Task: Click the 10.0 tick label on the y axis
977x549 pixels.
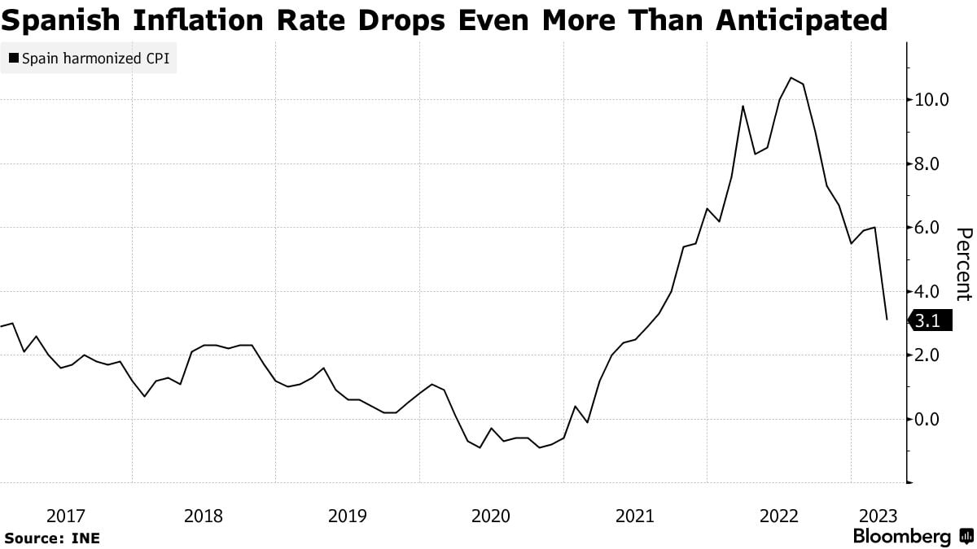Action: click(932, 100)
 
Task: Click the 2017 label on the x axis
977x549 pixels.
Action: click(67, 516)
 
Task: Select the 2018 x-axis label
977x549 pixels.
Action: click(204, 516)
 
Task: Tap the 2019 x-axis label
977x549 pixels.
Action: click(348, 516)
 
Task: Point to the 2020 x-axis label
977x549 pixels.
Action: click(491, 516)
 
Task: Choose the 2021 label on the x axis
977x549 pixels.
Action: click(634, 516)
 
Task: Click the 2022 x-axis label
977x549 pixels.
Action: click(778, 516)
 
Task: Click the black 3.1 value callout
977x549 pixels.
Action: click(928, 322)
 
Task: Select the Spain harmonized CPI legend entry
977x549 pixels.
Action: click(90, 59)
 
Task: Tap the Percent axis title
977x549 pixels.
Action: click(963, 264)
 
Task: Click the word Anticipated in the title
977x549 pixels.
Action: click(801, 19)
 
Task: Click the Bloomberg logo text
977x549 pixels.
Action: click(902, 537)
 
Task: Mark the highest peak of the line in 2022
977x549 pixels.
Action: click(791, 78)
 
